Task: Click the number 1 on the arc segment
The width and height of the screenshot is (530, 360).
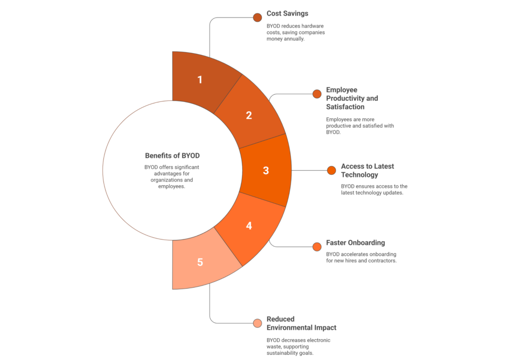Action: [x=200, y=80]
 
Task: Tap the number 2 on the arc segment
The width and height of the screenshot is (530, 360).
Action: [x=249, y=115]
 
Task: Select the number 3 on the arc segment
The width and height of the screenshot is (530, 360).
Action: [x=266, y=171]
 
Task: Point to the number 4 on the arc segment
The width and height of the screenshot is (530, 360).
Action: [x=249, y=226]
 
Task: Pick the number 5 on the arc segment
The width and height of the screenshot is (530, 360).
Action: [x=200, y=262]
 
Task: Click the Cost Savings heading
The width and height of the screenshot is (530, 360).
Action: [x=287, y=13]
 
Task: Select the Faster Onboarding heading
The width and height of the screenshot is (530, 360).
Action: [x=355, y=243]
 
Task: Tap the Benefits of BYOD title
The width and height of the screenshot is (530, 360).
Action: [x=172, y=156]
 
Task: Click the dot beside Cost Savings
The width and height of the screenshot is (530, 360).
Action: [x=257, y=18]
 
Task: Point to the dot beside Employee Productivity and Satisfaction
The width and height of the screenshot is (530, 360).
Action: [x=317, y=94]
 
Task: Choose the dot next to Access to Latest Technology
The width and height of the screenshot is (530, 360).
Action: [x=332, y=171]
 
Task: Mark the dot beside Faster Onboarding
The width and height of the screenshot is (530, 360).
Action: [x=317, y=247]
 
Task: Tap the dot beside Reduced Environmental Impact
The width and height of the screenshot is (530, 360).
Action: [x=257, y=323]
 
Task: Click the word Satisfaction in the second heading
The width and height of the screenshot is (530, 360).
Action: [x=345, y=107]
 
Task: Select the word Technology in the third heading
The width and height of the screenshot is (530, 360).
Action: [x=359, y=175]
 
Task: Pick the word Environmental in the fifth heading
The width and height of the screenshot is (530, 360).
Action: [x=289, y=327]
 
